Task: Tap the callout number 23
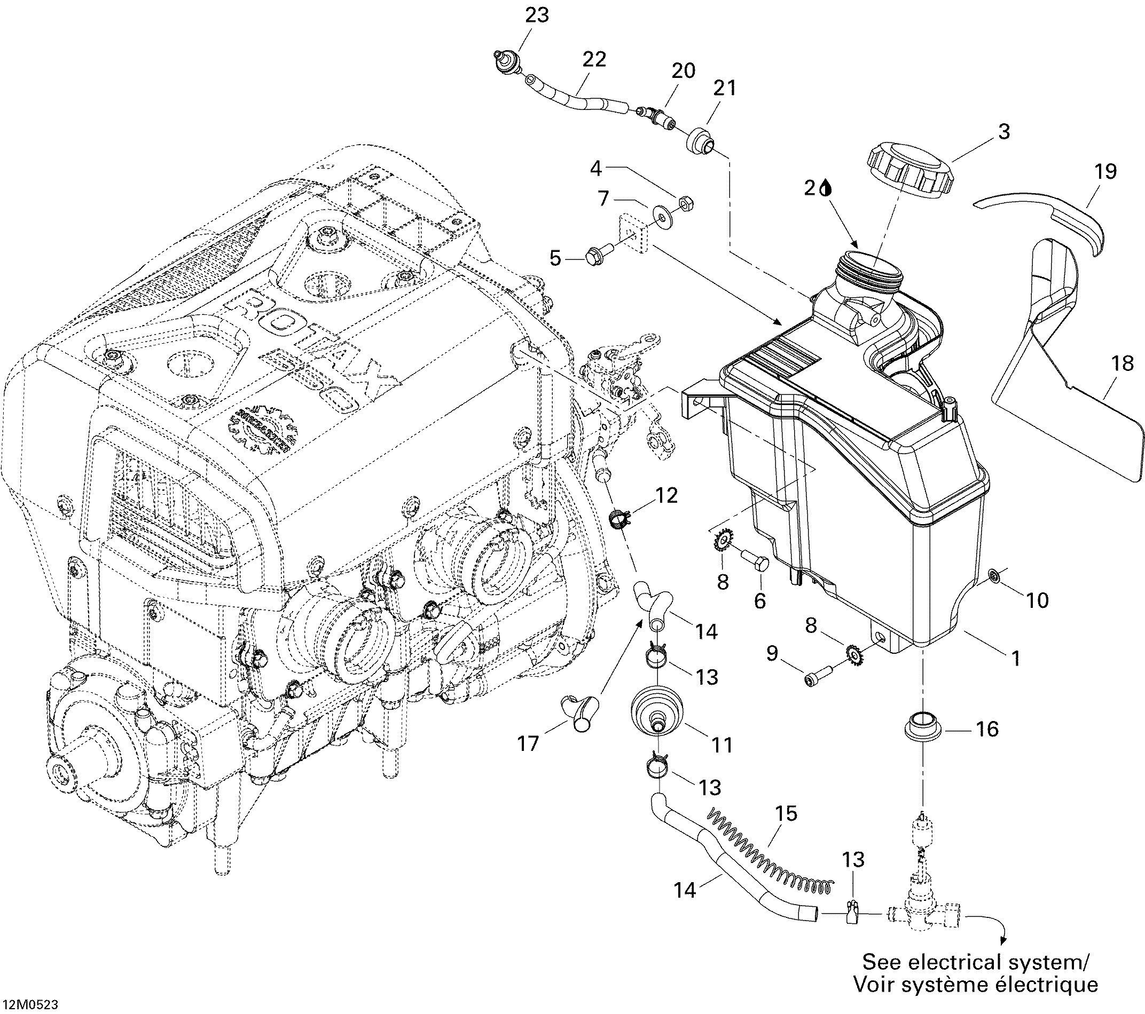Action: (537, 15)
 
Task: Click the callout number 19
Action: (1105, 171)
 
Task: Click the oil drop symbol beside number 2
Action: (826, 188)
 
